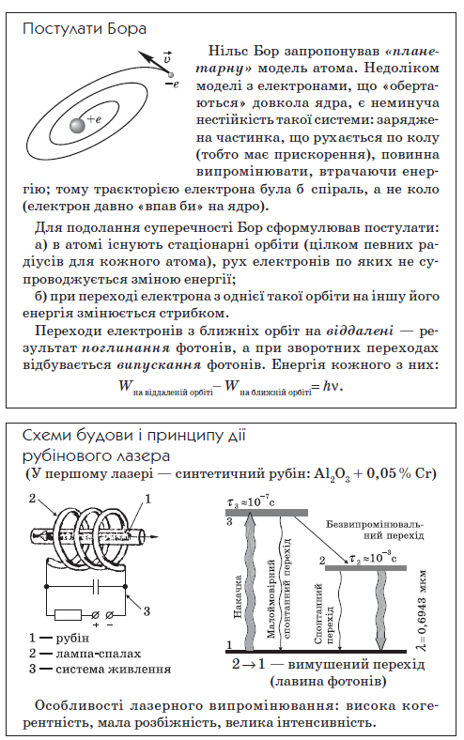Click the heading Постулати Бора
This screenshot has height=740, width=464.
pyautogui.click(x=85, y=28)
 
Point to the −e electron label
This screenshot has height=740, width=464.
pyautogui.click(x=170, y=85)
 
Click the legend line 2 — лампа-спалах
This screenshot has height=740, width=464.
pyautogui.click(x=85, y=653)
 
